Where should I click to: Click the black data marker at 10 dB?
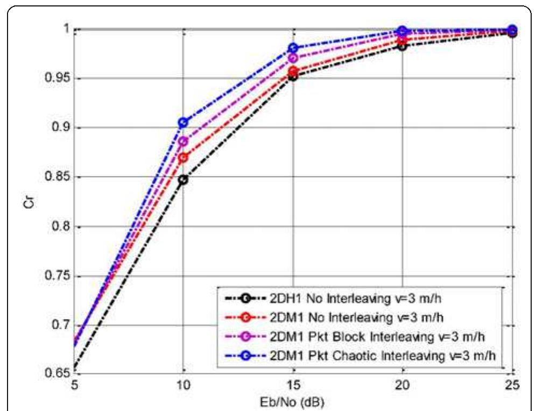pyautogui.click(x=184, y=179)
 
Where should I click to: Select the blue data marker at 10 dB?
pyautogui.click(x=184, y=123)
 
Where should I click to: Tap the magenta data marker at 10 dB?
pyautogui.click(x=184, y=141)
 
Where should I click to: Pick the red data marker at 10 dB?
pyautogui.click(x=184, y=158)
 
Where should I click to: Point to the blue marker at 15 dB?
pyautogui.click(x=293, y=47)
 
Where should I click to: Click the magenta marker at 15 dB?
pyautogui.click(x=293, y=58)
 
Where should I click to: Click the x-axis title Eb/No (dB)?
pyautogui.click(x=293, y=401)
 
